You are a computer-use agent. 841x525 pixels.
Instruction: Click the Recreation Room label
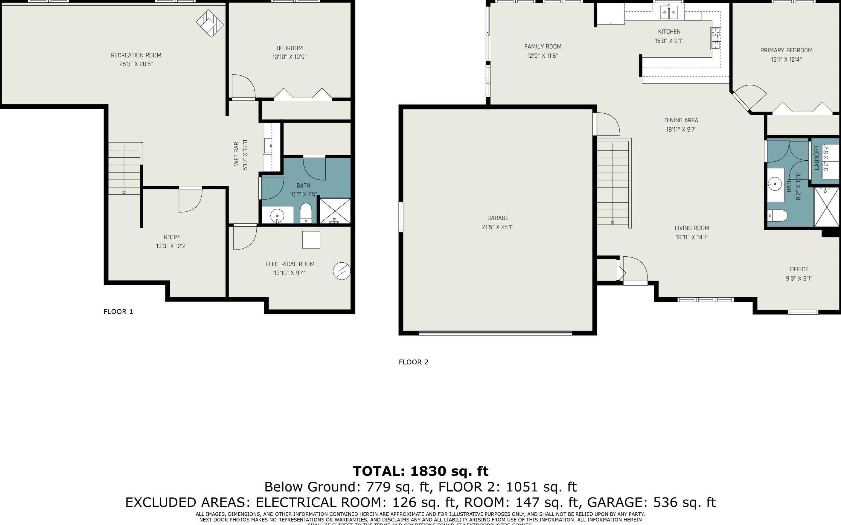pyautogui.click(x=136, y=55)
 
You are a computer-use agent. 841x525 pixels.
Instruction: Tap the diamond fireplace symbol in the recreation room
pyautogui.click(x=210, y=23)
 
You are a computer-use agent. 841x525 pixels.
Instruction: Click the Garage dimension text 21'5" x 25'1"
pyautogui.click(x=497, y=227)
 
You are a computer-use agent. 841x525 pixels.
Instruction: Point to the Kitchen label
pyautogui.click(x=669, y=32)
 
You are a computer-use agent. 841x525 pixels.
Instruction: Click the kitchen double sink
pyautogui.click(x=668, y=13)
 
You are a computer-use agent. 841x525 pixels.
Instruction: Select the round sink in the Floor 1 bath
pyautogui.click(x=277, y=216)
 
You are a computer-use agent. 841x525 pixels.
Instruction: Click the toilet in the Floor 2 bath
pyautogui.click(x=777, y=216)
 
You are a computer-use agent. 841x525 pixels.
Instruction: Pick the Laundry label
pyautogui.click(x=817, y=158)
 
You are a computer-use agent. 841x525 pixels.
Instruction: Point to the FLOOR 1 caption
pyautogui.click(x=118, y=311)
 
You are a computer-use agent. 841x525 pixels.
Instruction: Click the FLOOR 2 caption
pyautogui.click(x=413, y=362)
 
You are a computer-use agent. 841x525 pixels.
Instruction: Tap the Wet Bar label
pyautogui.click(x=236, y=153)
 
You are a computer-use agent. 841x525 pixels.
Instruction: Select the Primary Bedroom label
pyautogui.click(x=786, y=50)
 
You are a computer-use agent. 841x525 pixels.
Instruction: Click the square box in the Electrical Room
pyautogui.click(x=311, y=240)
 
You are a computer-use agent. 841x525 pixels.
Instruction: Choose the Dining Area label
pyautogui.click(x=681, y=121)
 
